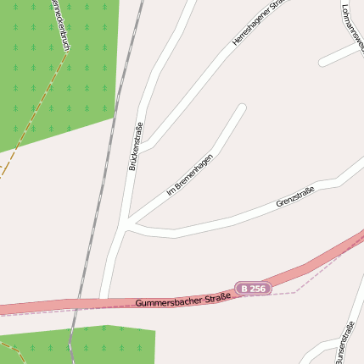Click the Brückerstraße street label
click(134, 146)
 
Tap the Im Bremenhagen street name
click(189, 174)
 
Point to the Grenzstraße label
click(294, 197)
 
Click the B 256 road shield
click(253, 289)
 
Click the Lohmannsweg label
click(350, 24)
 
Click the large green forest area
click(51, 68)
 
